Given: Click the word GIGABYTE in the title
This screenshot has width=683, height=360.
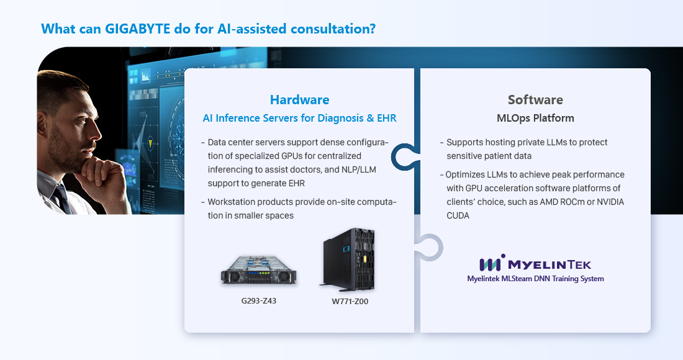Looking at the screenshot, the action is click(x=137, y=29).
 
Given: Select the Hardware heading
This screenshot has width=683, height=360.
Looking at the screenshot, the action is click(x=300, y=100).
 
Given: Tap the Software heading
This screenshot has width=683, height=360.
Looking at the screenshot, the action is click(x=535, y=100).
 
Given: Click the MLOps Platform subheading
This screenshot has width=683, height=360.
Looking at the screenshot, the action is click(x=535, y=118).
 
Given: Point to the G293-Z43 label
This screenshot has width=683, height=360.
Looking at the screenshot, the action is click(x=259, y=301).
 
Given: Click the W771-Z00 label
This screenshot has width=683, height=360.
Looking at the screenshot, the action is click(x=350, y=301).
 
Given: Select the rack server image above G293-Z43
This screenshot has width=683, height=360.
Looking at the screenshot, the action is click(x=259, y=270).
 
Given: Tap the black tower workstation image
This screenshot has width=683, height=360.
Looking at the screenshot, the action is click(x=348, y=259).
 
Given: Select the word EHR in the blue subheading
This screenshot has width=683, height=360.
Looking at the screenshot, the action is click(x=387, y=118).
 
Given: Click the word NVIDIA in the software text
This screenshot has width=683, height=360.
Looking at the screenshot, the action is click(x=610, y=202).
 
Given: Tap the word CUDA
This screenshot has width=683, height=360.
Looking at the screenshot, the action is click(x=458, y=215).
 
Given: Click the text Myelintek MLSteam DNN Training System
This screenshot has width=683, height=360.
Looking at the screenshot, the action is click(x=535, y=279).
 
